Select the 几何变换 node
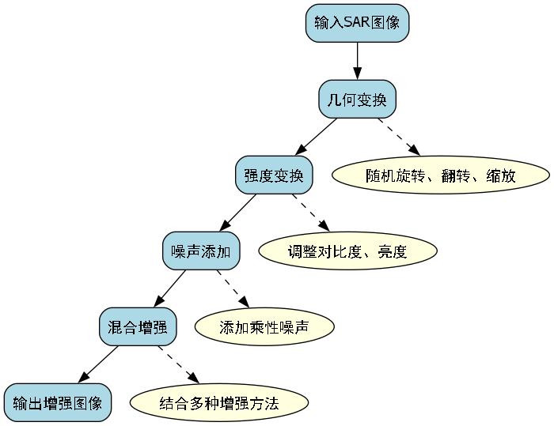(x=357, y=99)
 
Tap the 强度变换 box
(x=274, y=175)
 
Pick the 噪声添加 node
(x=201, y=252)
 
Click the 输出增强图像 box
(x=58, y=403)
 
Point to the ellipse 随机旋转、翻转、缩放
(x=441, y=175)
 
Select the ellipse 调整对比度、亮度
(x=347, y=252)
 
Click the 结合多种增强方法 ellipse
(x=219, y=403)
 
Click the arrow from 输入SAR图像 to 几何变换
(x=357, y=60)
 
